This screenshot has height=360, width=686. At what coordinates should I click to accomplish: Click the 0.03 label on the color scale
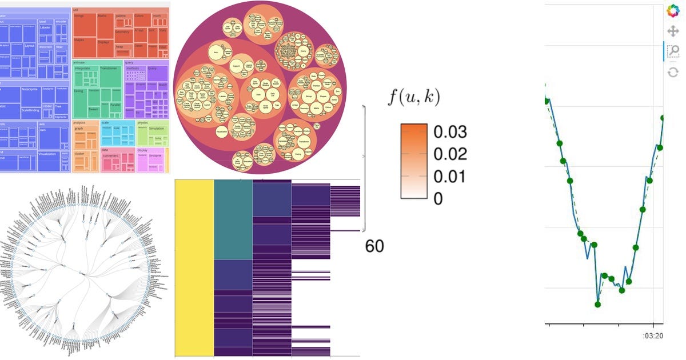pos(450,132)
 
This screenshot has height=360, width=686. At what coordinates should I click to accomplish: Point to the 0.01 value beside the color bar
pos(450,177)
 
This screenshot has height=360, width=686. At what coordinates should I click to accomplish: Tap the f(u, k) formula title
pos(414,98)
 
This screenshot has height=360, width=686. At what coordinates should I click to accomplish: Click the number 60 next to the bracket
pos(374,246)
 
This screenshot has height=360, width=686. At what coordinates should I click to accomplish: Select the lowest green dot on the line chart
pos(598,305)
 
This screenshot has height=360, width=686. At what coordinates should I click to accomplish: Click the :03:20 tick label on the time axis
pos(651,335)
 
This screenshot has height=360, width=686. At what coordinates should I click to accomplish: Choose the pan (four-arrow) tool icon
pos(673,31)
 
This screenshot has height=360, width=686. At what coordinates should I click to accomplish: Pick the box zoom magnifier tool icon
pos(673,51)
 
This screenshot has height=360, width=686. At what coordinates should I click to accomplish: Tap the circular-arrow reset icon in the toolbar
pos(673,72)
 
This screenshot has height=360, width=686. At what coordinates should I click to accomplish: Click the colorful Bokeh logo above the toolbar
pos(673,10)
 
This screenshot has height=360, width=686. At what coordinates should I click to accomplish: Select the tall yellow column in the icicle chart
pos(194,269)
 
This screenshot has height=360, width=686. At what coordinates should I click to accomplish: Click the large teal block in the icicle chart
pos(233,220)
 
